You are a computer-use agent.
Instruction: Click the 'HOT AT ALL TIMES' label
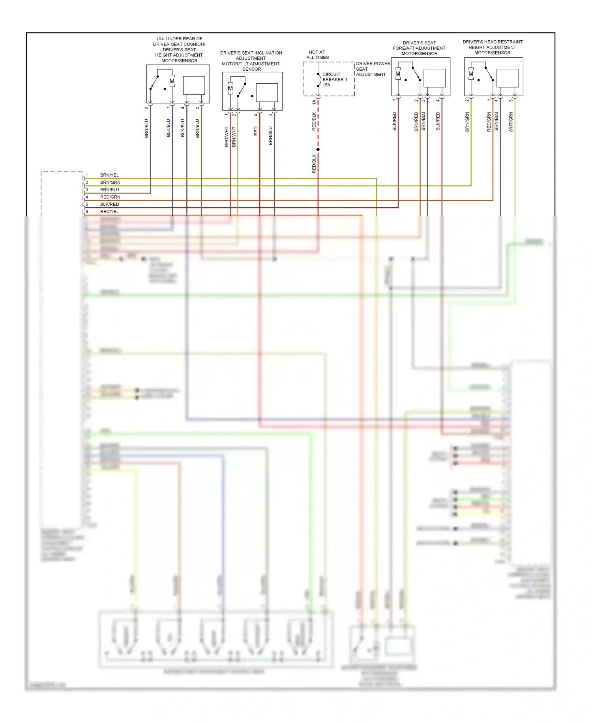(x=317, y=55)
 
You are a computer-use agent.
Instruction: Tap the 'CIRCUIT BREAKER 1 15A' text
(x=334, y=79)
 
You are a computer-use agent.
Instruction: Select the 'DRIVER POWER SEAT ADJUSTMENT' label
(x=373, y=69)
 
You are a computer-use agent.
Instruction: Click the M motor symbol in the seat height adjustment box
(x=172, y=81)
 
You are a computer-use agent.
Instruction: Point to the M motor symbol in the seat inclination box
(x=230, y=88)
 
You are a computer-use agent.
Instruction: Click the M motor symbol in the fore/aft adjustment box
(x=398, y=74)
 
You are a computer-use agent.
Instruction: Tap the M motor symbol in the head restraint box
(x=471, y=74)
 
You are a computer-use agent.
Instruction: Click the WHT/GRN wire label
(x=511, y=122)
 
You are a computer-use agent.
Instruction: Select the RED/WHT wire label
(x=227, y=137)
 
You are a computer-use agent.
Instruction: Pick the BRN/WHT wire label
(x=234, y=137)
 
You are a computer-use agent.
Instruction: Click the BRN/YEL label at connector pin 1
(x=109, y=175)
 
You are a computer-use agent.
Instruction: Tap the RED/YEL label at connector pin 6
(x=109, y=212)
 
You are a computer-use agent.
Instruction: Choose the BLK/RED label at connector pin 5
(x=109, y=204)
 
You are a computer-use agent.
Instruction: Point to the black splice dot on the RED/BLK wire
(x=318, y=149)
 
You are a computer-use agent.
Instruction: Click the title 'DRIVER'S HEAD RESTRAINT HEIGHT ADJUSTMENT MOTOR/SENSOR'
(x=492, y=47)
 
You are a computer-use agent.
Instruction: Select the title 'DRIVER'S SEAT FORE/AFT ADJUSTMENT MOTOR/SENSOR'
(x=419, y=48)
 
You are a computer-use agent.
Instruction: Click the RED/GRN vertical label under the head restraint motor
(x=489, y=122)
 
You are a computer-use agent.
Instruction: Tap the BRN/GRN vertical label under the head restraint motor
(x=467, y=122)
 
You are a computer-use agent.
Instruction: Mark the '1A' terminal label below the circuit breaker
(x=314, y=102)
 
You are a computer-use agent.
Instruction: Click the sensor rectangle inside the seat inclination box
(x=267, y=93)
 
